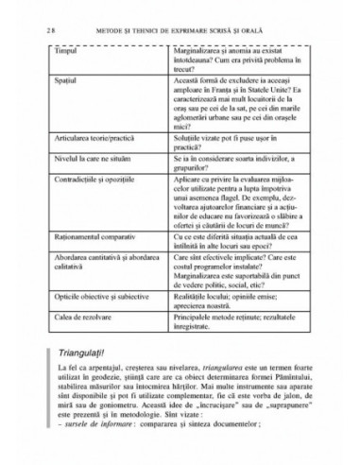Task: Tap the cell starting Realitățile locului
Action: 248,321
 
